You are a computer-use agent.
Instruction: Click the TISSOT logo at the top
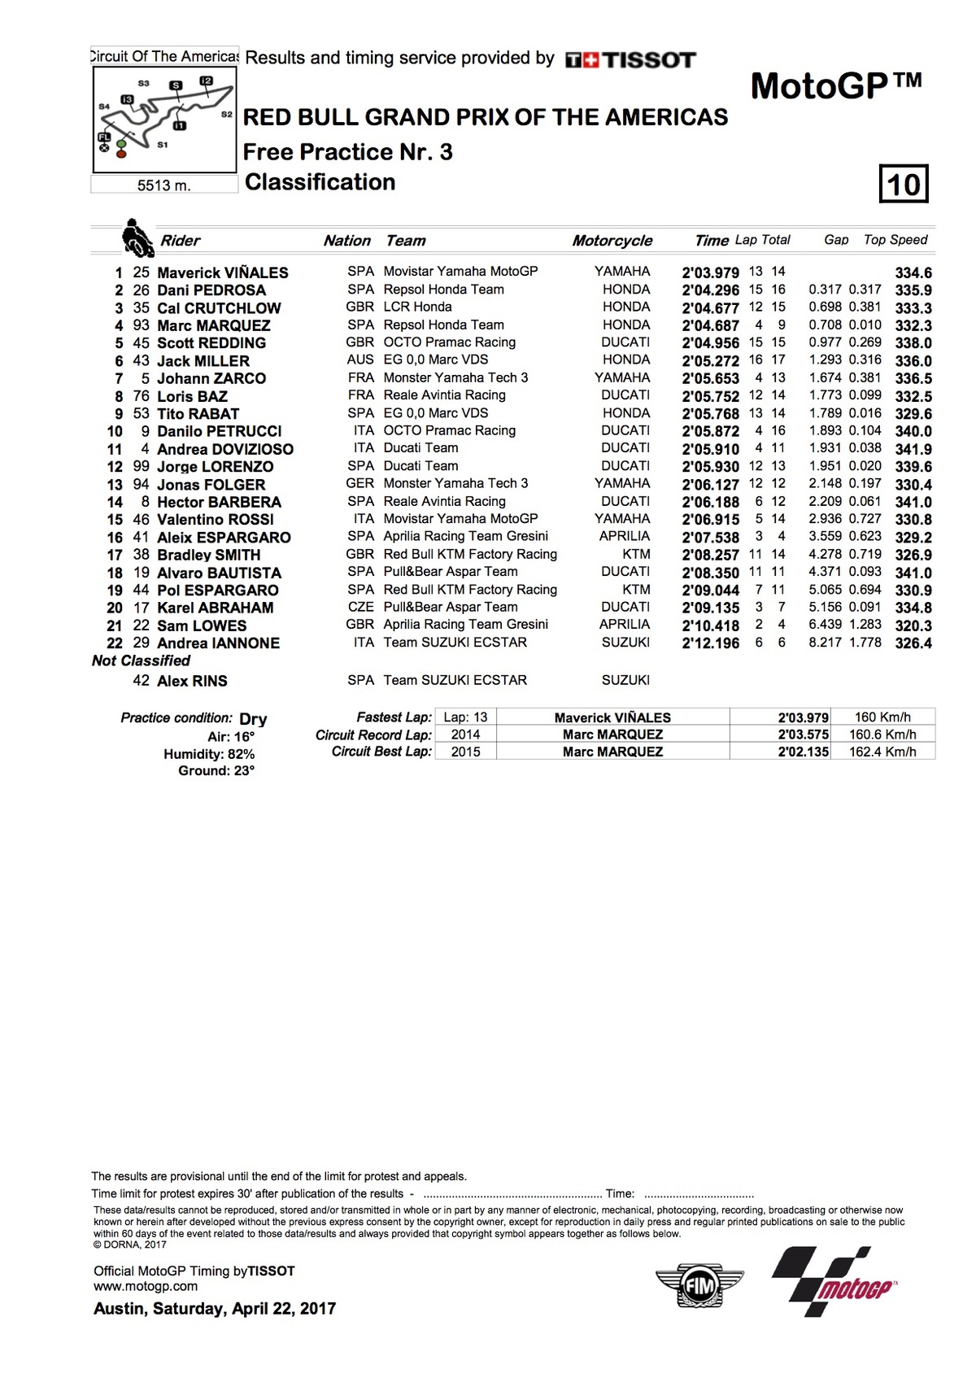(630, 59)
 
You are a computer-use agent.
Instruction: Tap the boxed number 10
(904, 184)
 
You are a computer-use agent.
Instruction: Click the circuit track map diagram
(164, 119)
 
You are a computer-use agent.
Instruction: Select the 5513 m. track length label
(164, 185)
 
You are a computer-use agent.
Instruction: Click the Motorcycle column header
(612, 241)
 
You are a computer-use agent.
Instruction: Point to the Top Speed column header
(895, 240)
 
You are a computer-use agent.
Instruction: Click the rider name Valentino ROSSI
(215, 520)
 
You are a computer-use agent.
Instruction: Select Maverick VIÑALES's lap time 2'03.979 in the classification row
(710, 272)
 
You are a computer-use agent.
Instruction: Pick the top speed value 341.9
(913, 449)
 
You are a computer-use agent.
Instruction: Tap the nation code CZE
(359, 607)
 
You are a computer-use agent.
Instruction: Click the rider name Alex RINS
(192, 681)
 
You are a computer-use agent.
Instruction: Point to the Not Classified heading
(141, 660)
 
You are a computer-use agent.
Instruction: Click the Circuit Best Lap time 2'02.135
(803, 752)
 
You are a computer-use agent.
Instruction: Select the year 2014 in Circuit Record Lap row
(465, 735)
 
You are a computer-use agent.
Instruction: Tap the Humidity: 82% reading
(209, 754)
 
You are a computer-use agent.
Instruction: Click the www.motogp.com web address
(146, 1286)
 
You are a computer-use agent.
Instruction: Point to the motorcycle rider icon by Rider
(137, 238)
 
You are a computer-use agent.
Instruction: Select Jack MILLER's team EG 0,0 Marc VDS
(436, 360)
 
